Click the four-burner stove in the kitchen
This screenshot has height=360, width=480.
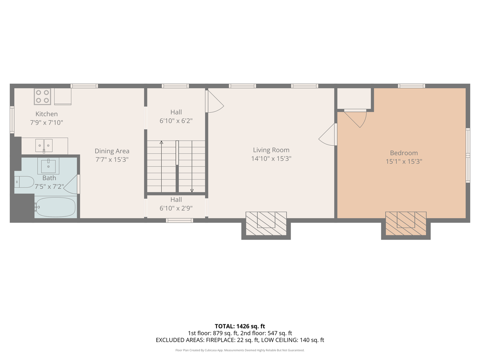point(42,96)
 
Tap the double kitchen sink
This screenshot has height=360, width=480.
point(44,146)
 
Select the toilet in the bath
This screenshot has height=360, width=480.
point(24,182)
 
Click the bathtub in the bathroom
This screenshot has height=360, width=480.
point(55,207)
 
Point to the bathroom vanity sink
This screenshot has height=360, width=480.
point(48,166)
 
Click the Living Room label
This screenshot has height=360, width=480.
point(271,150)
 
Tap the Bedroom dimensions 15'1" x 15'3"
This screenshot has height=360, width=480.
point(404,162)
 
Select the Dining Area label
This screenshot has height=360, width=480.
point(112,151)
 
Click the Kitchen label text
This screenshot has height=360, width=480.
point(47,114)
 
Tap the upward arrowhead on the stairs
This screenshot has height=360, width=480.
point(161,143)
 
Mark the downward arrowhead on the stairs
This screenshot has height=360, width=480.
point(192,191)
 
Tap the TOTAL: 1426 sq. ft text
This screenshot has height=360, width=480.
point(240,326)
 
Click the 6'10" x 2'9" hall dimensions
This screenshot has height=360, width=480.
point(176,208)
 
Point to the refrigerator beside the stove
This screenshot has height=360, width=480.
point(63,96)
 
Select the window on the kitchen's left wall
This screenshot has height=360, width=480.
point(12,120)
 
